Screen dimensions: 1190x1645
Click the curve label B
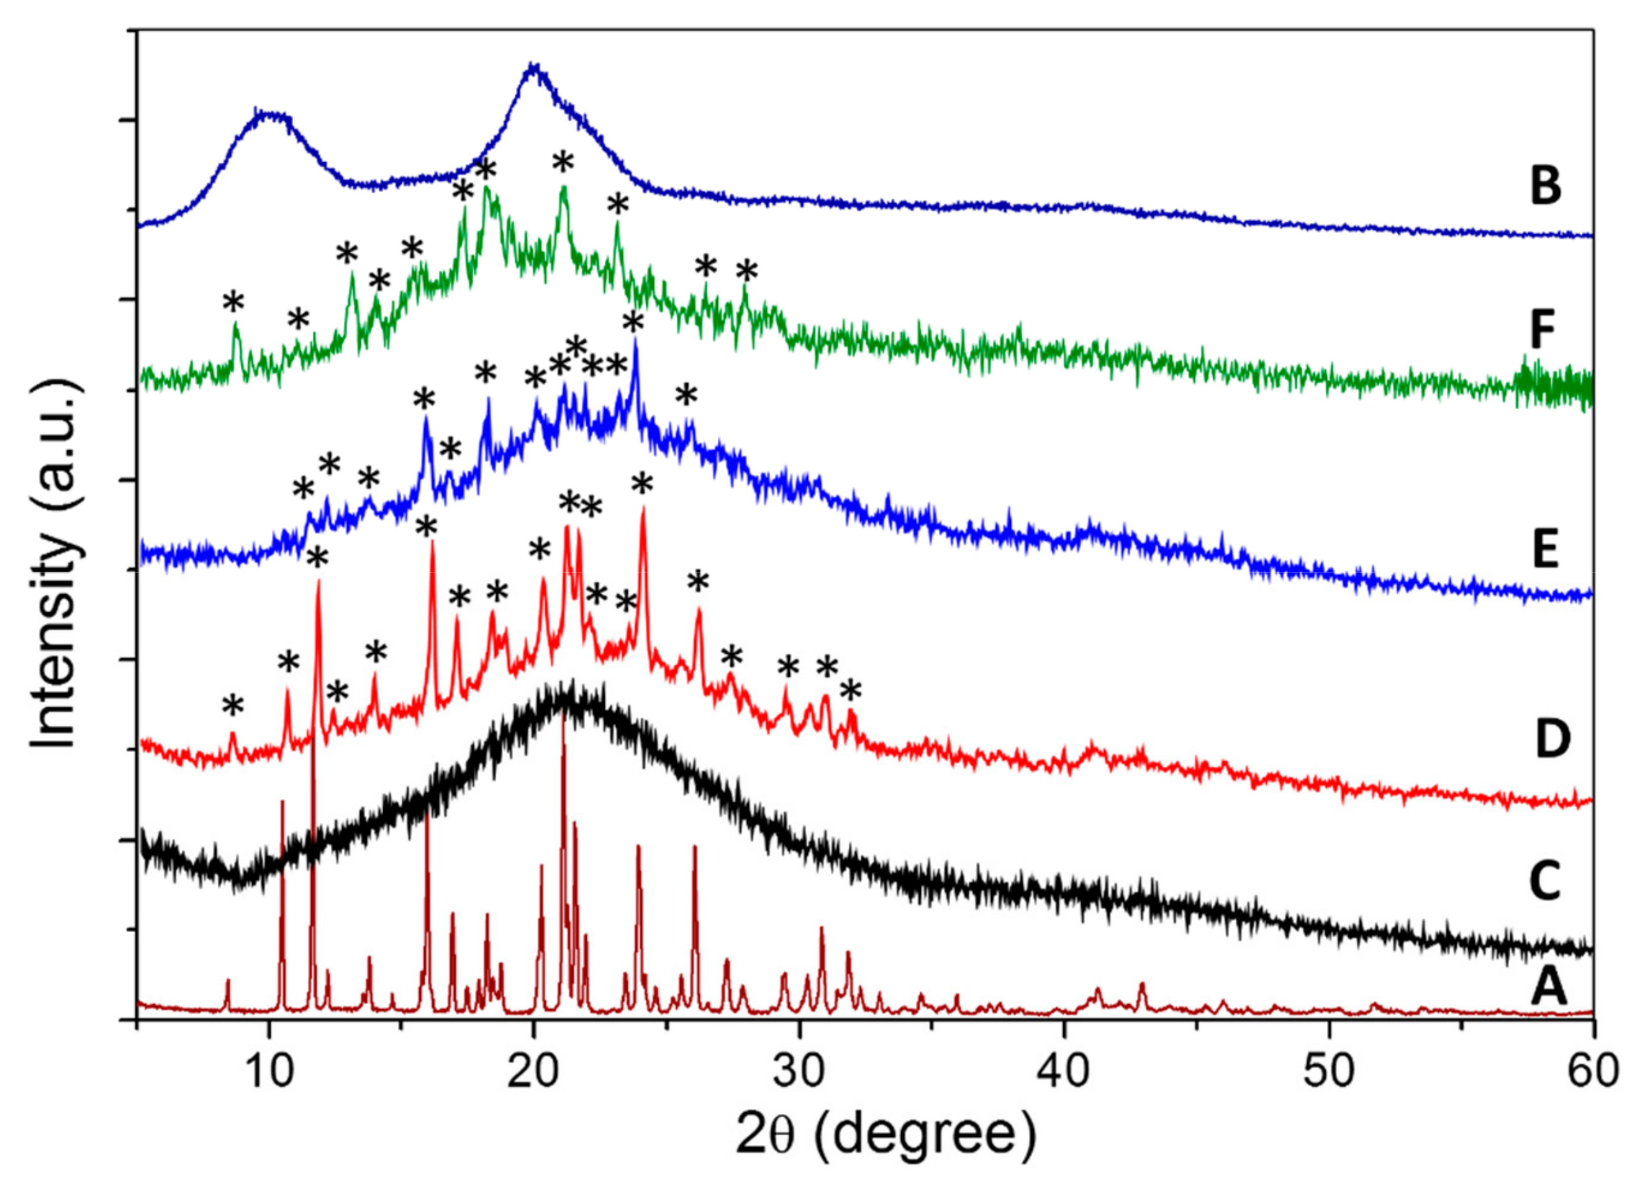click(x=1545, y=186)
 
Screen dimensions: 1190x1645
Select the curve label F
click(x=1542, y=330)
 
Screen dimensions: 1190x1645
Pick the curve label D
click(x=1552, y=740)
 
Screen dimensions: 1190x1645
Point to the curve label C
click(x=1545, y=881)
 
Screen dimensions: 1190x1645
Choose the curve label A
click(x=1548, y=988)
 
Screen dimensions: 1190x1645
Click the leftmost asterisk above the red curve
click(x=233, y=705)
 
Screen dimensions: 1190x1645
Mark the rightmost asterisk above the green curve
click(x=747, y=273)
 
